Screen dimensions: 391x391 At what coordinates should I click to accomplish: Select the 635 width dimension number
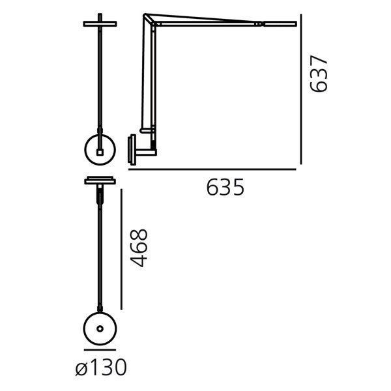(225, 188)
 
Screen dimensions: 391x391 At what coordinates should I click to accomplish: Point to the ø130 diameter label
(100, 368)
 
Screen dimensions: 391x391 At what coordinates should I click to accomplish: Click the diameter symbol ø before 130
(81, 369)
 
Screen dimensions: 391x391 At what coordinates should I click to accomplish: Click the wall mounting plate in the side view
(132, 150)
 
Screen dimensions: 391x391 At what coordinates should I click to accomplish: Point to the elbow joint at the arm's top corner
(147, 18)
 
